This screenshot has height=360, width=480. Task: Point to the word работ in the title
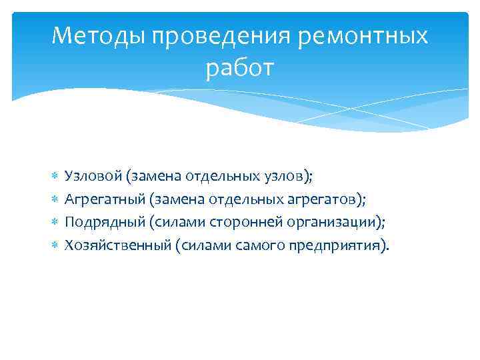tap(239, 67)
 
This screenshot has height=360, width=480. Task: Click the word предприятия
tap(333, 245)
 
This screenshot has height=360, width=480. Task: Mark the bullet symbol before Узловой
tap(55, 176)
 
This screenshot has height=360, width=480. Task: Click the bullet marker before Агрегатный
tap(55, 199)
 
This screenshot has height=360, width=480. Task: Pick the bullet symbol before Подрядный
tap(55, 223)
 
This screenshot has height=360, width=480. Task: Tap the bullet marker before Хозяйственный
tap(55, 246)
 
